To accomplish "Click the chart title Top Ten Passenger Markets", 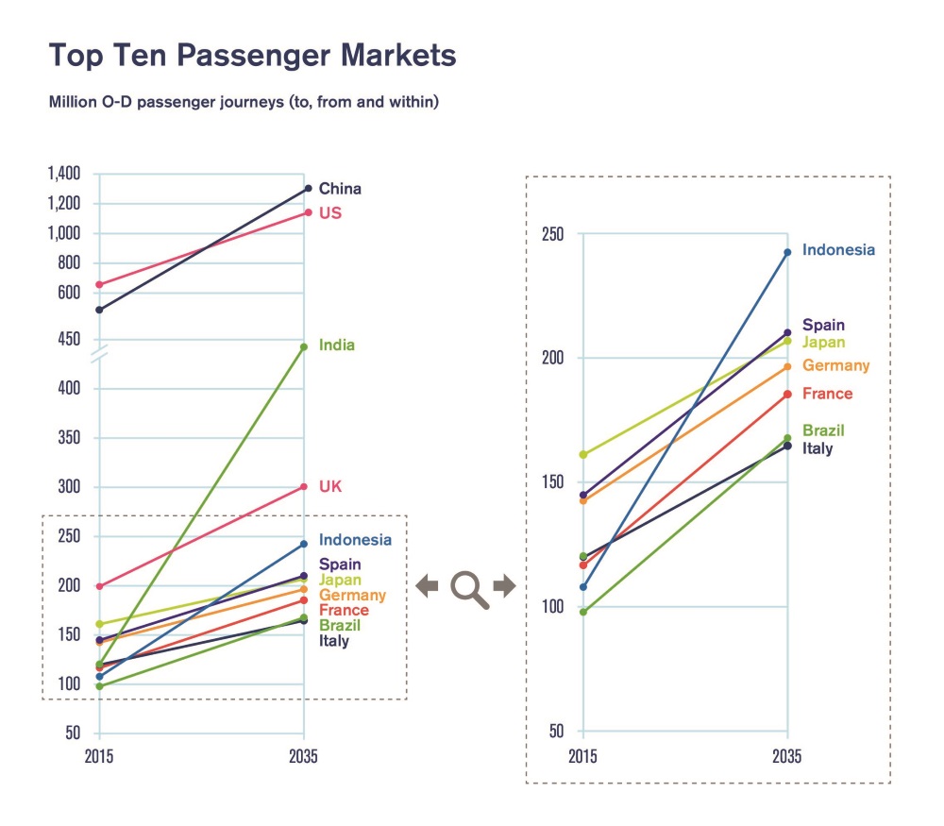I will coord(252,56).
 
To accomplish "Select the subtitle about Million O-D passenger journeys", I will coord(244,101).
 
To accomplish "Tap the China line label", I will coord(340,189).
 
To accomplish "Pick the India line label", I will coord(337,346).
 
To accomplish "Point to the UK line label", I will coord(330,487).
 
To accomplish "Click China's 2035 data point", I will coord(307,189).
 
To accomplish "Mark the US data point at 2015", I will coord(99,284).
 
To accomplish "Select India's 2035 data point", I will coord(304,346).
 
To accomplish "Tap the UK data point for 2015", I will coord(99,586).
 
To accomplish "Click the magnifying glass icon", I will coord(468,588).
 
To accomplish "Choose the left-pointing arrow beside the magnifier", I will coord(428,586).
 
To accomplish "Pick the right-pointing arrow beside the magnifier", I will coord(505,586).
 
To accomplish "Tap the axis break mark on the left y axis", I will coord(99,356).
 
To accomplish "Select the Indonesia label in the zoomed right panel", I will coord(838,250).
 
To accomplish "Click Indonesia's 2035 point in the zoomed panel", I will coord(787,252).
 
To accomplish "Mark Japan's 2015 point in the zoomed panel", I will coord(582,455).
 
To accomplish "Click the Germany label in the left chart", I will coord(352,596).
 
